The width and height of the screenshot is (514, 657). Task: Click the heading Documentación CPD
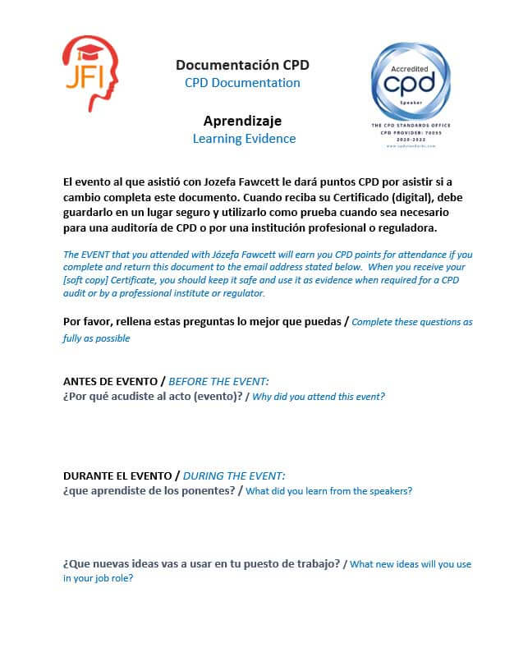[242, 65]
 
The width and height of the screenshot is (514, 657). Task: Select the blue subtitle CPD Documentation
[242, 83]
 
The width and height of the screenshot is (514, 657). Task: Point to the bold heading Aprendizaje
[242, 121]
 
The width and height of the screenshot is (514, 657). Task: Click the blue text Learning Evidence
[244, 139]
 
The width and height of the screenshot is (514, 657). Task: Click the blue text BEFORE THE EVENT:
[218, 382]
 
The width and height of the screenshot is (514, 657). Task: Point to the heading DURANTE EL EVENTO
[118, 476]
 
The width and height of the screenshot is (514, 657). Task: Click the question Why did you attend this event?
[319, 397]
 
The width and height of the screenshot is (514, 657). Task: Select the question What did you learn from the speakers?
[329, 491]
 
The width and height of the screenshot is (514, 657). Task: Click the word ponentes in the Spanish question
[206, 491]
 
